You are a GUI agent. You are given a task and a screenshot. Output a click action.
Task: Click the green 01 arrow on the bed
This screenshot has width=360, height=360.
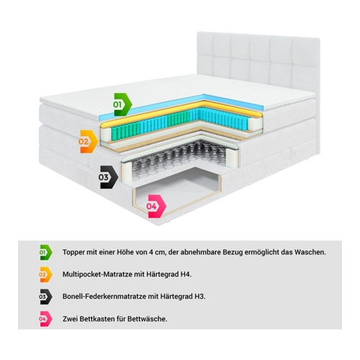(x=122, y=104)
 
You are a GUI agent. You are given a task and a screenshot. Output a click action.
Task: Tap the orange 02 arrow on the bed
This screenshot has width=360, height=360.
(x=88, y=142)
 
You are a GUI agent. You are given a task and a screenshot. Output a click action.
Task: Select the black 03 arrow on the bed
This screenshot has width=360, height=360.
(x=108, y=177)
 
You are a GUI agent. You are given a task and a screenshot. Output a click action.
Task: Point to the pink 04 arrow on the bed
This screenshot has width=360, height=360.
(x=156, y=207)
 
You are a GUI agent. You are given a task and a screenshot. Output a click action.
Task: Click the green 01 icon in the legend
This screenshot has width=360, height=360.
(x=45, y=252)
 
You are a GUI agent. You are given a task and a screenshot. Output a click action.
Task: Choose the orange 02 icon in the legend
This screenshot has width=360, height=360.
(x=45, y=274)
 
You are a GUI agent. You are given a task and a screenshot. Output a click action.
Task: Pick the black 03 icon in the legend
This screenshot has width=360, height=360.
(x=45, y=297)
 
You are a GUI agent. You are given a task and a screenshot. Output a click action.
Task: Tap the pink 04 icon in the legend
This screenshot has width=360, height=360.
(x=45, y=319)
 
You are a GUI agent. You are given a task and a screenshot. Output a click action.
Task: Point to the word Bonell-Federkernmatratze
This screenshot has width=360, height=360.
(x=104, y=297)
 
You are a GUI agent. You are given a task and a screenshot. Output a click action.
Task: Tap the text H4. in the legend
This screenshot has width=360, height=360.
(x=186, y=274)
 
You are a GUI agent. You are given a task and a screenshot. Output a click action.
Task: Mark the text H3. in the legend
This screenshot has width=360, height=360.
(x=200, y=297)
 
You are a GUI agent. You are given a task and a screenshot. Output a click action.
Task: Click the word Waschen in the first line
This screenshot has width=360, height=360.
(x=310, y=252)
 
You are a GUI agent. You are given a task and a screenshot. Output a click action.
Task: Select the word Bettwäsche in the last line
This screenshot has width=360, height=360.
(x=147, y=319)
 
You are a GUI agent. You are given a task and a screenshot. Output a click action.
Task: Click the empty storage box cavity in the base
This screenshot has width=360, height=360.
(x=179, y=189)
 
